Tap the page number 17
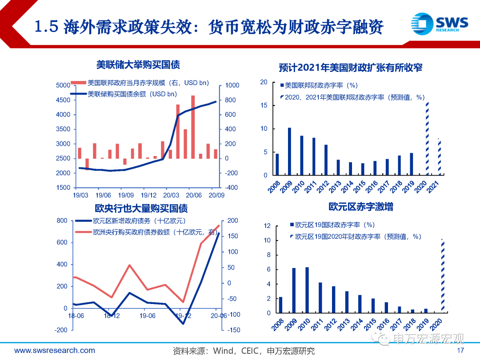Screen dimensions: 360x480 point(461,351)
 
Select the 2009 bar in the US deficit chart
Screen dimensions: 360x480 point(289,151)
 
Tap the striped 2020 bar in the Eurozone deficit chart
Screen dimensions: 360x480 point(442,276)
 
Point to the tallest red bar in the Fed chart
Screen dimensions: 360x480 point(193,127)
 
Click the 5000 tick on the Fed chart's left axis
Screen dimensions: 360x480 point(63,85)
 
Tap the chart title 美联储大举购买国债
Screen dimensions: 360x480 point(138,65)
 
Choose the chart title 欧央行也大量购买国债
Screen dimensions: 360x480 point(141,208)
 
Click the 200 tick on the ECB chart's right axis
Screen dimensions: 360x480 point(233,221)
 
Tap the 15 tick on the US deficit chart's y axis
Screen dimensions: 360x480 point(264,105)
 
